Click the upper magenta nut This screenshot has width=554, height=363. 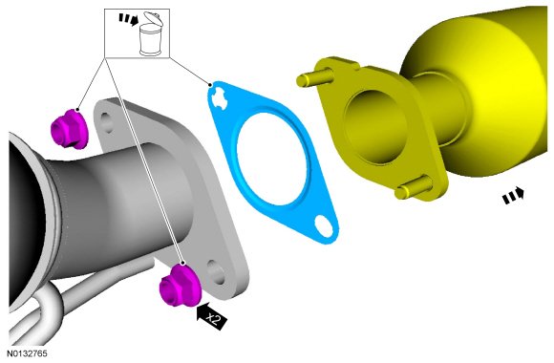(70, 128)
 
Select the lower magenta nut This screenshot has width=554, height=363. (181, 286)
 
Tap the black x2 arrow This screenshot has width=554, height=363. (211, 316)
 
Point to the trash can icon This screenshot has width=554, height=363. (151, 34)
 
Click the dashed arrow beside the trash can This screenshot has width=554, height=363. (128, 19)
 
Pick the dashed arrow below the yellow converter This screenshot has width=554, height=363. (513, 196)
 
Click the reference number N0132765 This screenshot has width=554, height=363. (27, 353)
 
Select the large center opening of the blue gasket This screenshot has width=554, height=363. (271, 159)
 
